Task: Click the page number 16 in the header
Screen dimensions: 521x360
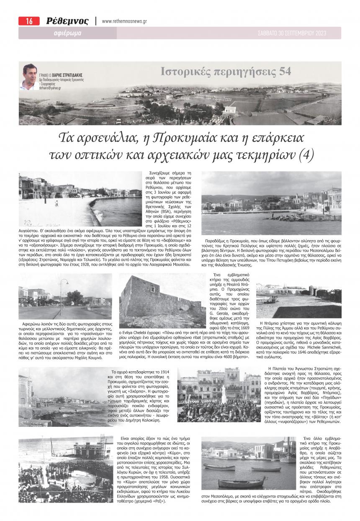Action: click(x=29, y=21)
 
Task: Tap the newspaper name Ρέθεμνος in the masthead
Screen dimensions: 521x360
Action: click(x=67, y=21)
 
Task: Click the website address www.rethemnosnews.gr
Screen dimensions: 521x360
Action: click(x=124, y=21)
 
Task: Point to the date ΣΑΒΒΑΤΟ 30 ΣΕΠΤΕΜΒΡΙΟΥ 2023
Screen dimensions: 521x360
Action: click(x=292, y=33)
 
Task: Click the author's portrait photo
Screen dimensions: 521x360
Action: click(x=30, y=77)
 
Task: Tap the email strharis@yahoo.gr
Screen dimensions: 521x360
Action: click(x=50, y=88)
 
